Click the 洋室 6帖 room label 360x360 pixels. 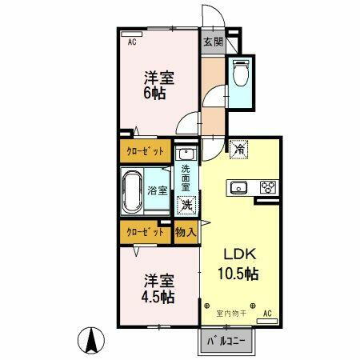tap(158, 86)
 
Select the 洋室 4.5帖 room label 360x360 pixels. tap(158, 289)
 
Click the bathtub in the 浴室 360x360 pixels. tap(133, 191)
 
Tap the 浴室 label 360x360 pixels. tap(158, 190)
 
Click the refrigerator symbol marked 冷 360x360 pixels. tap(239, 148)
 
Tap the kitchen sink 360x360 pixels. tap(238, 188)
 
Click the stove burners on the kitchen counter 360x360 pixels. tap(266, 188)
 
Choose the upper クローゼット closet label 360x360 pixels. tap(146, 150)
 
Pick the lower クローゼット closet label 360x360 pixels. tap(146, 232)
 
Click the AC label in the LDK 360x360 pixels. tap(266, 312)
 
